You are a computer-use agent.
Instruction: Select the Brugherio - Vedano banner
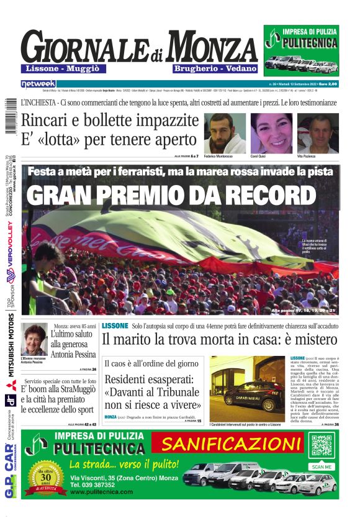tap(207, 68)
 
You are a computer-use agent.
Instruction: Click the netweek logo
tap(38, 83)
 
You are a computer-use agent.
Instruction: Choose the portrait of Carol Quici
tap(271, 133)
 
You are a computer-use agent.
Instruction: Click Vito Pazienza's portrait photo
tap(318, 133)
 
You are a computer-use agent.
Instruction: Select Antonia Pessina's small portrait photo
tap(34, 340)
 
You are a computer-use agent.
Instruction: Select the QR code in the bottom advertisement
tap(322, 447)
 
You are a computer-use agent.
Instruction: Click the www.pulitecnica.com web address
tap(102, 491)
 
